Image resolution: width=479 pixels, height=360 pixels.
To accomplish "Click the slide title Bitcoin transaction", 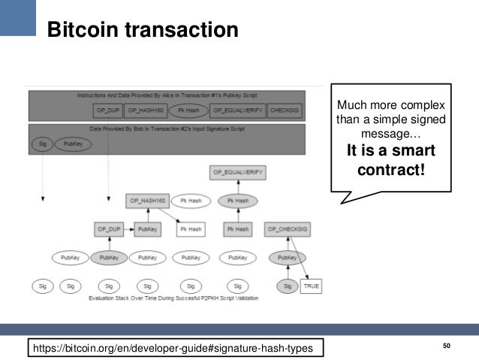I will pyautogui.click(x=143, y=31).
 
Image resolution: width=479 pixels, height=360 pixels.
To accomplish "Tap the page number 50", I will pyautogui.click(x=447, y=345).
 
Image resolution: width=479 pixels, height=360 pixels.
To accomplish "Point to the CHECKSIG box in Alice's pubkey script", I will pyautogui.click(x=285, y=110).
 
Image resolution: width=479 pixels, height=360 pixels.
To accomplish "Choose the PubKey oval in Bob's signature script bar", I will pyautogui.click(x=73, y=143).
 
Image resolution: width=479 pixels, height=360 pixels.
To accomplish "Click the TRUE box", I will pyautogui.click(x=311, y=286).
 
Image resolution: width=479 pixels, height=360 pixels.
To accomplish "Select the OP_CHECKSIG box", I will pyautogui.click(x=287, y=228).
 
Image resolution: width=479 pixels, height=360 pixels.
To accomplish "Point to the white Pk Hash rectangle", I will pyautogui.click(x=191, y=228).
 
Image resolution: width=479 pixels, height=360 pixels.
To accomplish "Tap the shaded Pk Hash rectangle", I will pyautogui.click(x=237, y=228).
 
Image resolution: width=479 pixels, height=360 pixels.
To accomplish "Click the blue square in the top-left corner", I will pyautogui.click(x=17, y=17).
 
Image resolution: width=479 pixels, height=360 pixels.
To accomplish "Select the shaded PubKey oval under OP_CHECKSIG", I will pyautogui.click(x=287, y=258).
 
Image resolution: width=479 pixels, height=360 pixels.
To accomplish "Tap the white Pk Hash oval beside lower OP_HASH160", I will pyautogui.click(x=191, y=201).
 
